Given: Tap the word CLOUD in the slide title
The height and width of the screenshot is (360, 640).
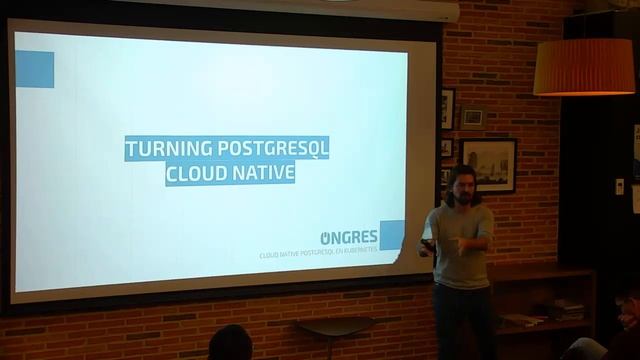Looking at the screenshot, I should tap(196, 172).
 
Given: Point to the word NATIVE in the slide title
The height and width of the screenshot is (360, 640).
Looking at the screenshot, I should tap(263, 172).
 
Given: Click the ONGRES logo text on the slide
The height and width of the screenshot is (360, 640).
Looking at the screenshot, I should tap(349, 237).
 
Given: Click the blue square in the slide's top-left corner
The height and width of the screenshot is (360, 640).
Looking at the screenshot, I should tap(34, 69).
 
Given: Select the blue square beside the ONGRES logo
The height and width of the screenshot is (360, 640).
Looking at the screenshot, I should tap(392, 234).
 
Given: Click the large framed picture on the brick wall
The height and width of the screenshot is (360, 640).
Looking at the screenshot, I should tap(488, 164).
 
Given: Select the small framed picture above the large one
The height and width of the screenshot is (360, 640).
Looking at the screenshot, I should tap(472, 118).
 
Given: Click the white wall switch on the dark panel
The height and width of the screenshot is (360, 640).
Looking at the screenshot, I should tap(619, 185).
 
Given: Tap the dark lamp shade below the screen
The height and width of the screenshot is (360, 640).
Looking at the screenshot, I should tap(333, 325).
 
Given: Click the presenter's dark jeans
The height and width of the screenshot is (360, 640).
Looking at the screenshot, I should tap(462, 320).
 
